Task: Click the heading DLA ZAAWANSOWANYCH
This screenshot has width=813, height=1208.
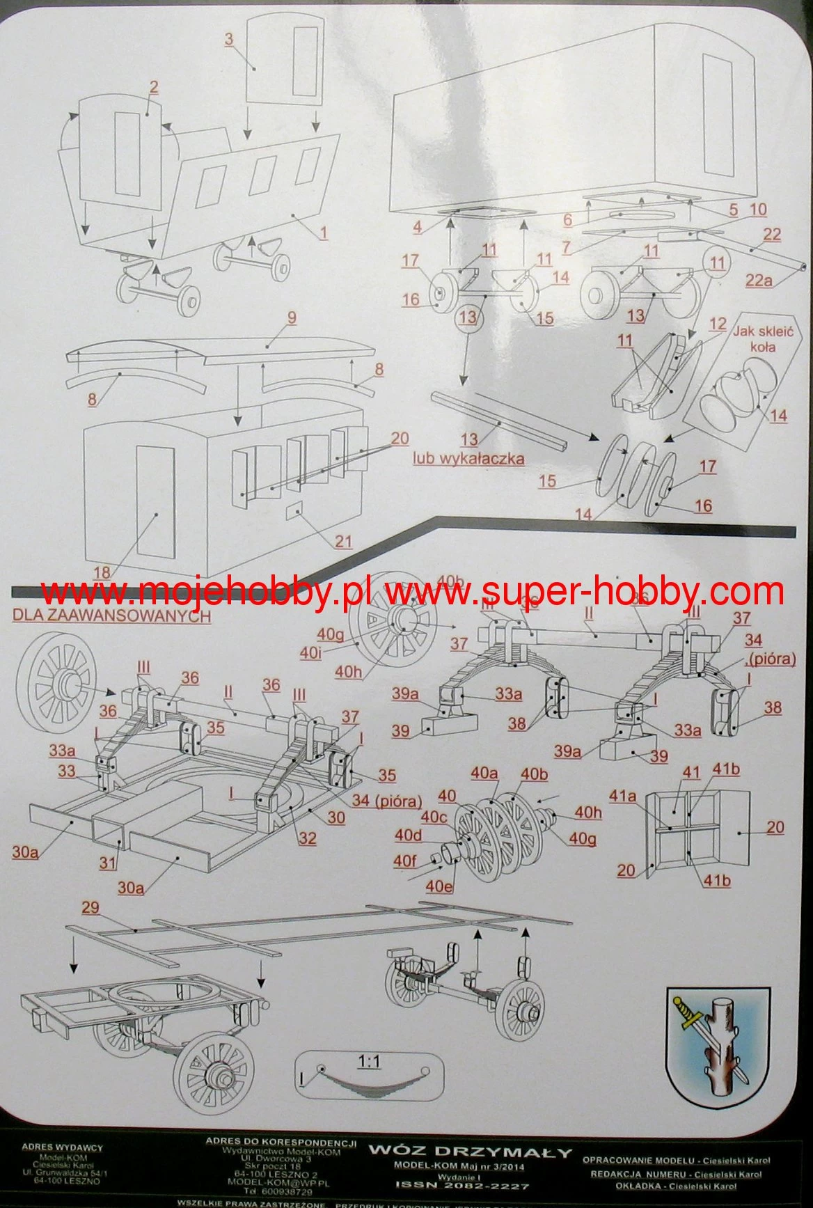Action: [111, 615]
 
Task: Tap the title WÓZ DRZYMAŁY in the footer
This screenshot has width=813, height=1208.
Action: [470, 1152]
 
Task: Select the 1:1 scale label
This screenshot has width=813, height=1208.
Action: [369, 1062]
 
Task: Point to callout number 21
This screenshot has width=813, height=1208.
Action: [343, 541]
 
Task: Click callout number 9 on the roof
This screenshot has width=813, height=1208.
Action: [292, 318]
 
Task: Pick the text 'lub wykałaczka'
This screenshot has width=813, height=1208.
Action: [468, 458]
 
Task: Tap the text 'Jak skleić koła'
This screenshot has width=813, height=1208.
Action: [763, 340]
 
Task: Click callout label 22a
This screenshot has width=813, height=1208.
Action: [758, 280]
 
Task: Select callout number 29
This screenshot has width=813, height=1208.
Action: [90, 908]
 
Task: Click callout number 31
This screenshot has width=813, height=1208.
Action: [107, 863]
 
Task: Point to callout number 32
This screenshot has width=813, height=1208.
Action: [307, 838]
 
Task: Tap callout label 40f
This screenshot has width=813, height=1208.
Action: [405, 861]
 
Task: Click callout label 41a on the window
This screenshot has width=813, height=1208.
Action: [623, 796]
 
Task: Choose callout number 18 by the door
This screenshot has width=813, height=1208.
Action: [102, 572]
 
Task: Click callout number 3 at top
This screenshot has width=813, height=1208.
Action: [229, 39]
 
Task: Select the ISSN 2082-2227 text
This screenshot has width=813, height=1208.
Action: [462, 1184]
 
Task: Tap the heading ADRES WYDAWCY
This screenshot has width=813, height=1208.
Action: [62, 1147]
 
